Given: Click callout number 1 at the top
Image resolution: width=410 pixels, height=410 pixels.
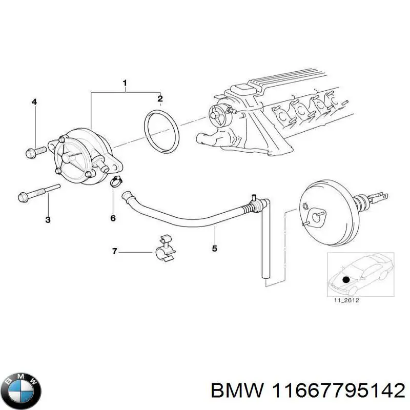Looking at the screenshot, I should point(125,83).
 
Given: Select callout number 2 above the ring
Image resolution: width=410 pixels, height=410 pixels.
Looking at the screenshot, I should point(160,98).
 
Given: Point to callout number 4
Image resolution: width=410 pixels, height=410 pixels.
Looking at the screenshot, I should point(34,102).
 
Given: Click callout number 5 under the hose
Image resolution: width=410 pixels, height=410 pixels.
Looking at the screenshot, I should point(215,249).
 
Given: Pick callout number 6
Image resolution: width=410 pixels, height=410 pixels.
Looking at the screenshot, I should point(113,218).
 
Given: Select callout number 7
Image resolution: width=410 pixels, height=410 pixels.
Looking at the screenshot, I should point(115,251).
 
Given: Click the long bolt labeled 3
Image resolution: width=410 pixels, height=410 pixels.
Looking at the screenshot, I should point(38,194).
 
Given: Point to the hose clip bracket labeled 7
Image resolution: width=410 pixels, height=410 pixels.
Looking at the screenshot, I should point(165,249).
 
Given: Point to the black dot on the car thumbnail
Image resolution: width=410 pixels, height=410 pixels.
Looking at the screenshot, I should point(346,279).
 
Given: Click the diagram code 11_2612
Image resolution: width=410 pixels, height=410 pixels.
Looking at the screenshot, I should point(346,300).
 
